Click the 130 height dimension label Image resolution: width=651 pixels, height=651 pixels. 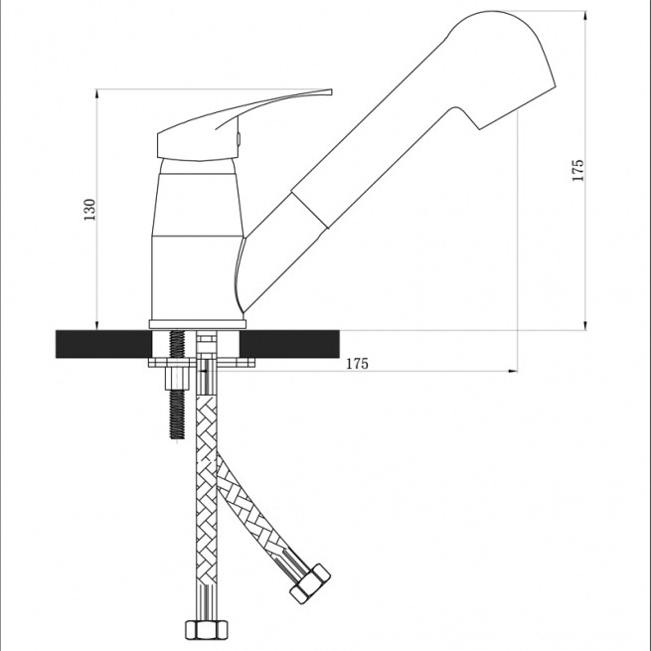(89, 210)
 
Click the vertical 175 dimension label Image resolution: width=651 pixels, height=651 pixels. (577, 170)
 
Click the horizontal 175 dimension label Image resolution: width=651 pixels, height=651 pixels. (357, 364)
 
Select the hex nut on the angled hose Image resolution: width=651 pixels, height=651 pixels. (310, 583)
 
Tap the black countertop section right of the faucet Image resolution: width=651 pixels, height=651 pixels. (290, 344)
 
